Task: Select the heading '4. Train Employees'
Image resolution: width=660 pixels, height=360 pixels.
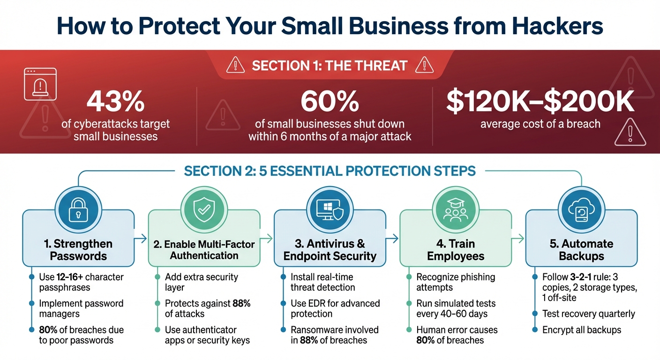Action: [x=455, y=250]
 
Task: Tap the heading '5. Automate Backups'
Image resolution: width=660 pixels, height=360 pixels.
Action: [x=581, y=250]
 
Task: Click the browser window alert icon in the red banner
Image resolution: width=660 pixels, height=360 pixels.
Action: [x=40, y=83]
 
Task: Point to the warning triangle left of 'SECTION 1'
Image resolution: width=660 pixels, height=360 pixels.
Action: [x=235, y=65]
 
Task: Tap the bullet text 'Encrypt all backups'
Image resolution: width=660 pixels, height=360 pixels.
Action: [x=581, y=330]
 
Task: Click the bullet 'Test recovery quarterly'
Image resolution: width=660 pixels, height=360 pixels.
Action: [x=588, y=314]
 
